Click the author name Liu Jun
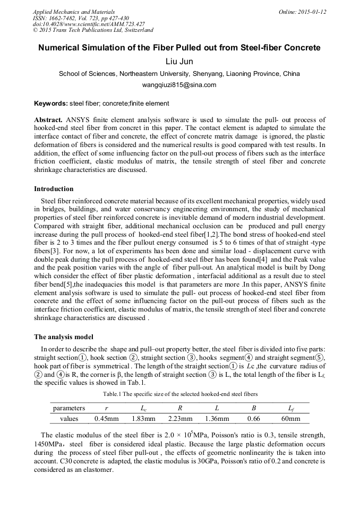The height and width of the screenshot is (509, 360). click(x=179, y=62)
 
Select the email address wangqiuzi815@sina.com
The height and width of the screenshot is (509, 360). click(x=179, y=85)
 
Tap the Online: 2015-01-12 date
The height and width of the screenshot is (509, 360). click(x=302, y=12)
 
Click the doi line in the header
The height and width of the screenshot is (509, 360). click(x=89, y=24)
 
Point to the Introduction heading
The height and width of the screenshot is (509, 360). click(x=54, y=189)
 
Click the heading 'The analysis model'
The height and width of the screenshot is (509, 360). click(x=64, y=337)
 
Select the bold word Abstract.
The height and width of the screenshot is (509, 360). click(x=49, y=120)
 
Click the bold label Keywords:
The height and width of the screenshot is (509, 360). click(x=51, y=103)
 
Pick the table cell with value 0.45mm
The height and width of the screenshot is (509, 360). click(x=106, y=419)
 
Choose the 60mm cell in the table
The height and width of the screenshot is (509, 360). click(x=290, y=419)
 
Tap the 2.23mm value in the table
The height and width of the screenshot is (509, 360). click(x=180, y=419)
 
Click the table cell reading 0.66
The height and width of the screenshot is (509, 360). click(x=254, y=419)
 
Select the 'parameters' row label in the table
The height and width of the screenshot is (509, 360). click(x=68, y=408)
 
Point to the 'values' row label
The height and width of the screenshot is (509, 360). click(x=69, y=419)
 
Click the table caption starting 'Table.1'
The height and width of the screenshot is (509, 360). click(x=180, y=394)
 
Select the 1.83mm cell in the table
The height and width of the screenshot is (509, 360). click(x=143, y=419)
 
